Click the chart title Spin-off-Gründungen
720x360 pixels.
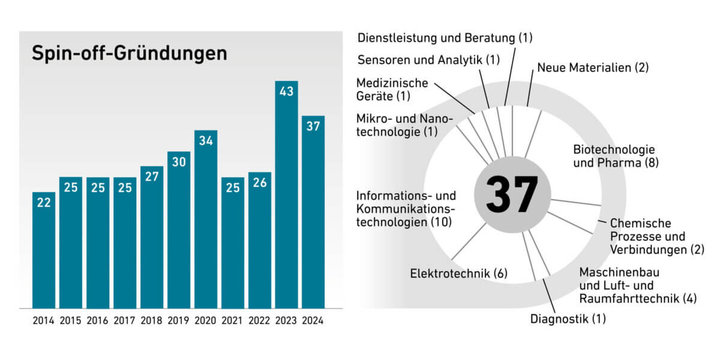coord(129,53)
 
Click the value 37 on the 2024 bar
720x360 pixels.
coord(313,127)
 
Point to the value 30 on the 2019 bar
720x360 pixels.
coord(179,163)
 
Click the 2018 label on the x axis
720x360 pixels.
coord(151,320)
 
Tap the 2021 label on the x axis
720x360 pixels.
coord(232,320)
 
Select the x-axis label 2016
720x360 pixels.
coord(97,320)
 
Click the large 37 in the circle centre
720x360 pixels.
coord(512,194)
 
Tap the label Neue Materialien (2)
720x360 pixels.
coord(593,67)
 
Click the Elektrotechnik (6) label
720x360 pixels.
coord(458,274)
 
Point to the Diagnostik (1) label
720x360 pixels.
coord(568,319)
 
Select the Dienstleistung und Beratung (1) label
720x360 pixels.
coord(445,38)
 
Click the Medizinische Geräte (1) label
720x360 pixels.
coord(392,89)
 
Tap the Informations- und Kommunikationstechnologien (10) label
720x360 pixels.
coord(406,209)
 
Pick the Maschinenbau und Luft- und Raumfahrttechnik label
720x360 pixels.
coord(637,285)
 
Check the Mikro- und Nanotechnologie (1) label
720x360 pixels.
coord(405,125)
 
